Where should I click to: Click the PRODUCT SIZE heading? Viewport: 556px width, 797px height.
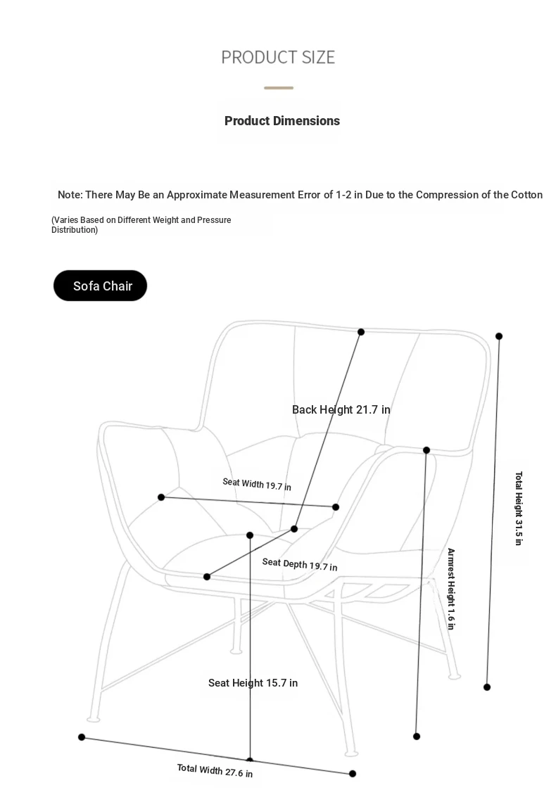pyautogui.click(x=278, y=58)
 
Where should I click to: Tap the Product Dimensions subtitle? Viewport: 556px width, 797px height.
pyautogui.click(x=282, y=121)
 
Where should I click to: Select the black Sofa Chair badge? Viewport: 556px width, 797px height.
pyautogui.click(x=100, y=286)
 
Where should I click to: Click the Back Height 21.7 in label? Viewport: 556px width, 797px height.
pyautogui.click(x=341, y=409)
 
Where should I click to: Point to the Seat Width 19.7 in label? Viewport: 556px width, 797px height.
pyautogui.click(x=257, y=484)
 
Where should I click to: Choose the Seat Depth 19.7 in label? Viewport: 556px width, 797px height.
pyautogui.click(x=300, y=564)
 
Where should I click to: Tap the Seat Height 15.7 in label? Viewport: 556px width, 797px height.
pyautogui.click(x=253, y=683)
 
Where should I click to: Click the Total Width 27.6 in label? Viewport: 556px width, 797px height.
pyautogui.click(x=215, y=770)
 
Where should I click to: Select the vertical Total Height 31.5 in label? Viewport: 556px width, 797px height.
pyautogui.click(x=519, y=509)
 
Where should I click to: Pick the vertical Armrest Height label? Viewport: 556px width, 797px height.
pyautogui.click(x=450, y=589)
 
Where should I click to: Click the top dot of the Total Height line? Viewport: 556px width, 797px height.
pyautogui.click(x=499, y=336)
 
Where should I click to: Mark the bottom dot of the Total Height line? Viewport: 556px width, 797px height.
pyautogui.click(x=487, y=687)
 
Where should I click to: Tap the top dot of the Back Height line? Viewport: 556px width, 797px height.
pyautogui.click(x=361, y=332)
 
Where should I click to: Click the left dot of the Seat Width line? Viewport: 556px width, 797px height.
pyautogui.click(x=161, y=497)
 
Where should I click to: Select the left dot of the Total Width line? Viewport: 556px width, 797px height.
pyautogui.click(x=82, y=737)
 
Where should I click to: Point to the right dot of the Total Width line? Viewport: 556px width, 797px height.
pyautogui.click(x=353, y=774)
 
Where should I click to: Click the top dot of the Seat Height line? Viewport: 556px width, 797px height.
pyautogui.click(x=250, y=535)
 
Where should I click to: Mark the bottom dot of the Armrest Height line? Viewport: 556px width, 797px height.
pyautogui.click(x=417, y=737)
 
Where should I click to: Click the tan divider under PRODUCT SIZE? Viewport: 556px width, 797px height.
pyautogui.click(x=279, y=88)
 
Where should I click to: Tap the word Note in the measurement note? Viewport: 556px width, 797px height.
pyautogui.click(x=69, y=195)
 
